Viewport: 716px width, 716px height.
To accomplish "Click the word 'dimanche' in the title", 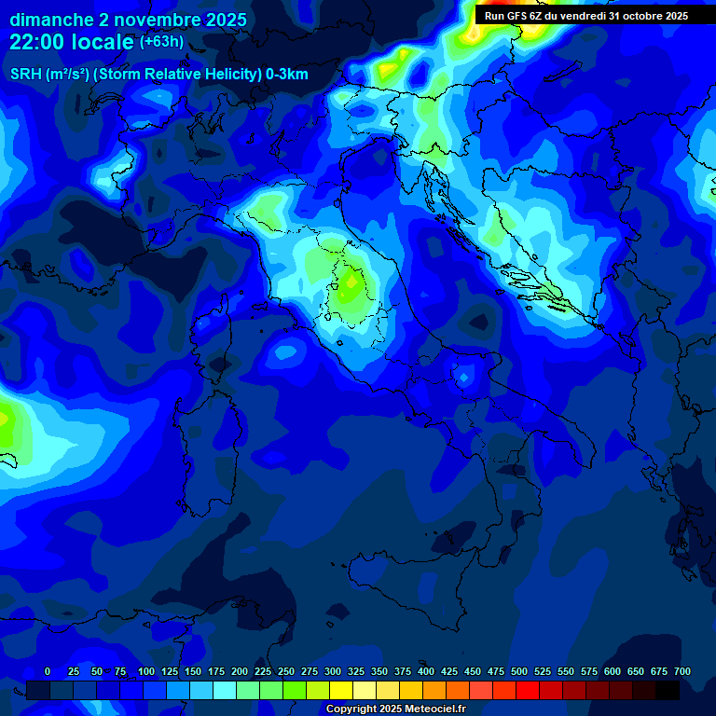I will coord(51,20).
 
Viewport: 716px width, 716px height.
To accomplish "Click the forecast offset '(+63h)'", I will coord(161,42).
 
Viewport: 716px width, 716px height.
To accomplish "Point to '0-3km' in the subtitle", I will coord(285,75).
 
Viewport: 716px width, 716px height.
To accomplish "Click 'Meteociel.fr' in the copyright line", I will coord(436,709).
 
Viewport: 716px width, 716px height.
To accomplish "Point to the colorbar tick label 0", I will coord(48,671).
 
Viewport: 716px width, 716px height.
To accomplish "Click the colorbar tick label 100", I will coord(146,671).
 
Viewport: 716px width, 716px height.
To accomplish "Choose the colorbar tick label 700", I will coord(682,671).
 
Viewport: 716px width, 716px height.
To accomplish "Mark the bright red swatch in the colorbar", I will coord(528,690).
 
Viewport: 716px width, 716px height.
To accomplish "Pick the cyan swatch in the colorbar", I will coord(225,690).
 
